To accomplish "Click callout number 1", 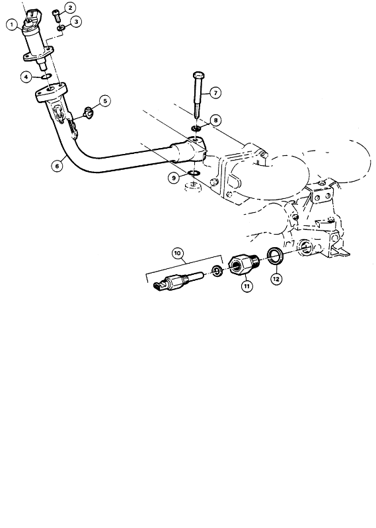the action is coord(13,24).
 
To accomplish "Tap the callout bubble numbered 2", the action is coord(70,7).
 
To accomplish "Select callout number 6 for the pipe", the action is coord(57,166).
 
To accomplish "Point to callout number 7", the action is coord(215,93).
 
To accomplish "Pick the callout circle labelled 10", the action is coord(178,253).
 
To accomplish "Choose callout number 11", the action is coord(246,286).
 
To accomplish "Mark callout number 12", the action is coord(276,279).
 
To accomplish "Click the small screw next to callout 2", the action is coord(56,15).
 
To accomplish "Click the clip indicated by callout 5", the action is coord(89,112).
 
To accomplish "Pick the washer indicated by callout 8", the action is coord(196,128).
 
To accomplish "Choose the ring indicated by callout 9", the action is coord(194,173).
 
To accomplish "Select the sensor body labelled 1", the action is coord(34,38).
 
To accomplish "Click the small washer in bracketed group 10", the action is coord(217,271).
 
